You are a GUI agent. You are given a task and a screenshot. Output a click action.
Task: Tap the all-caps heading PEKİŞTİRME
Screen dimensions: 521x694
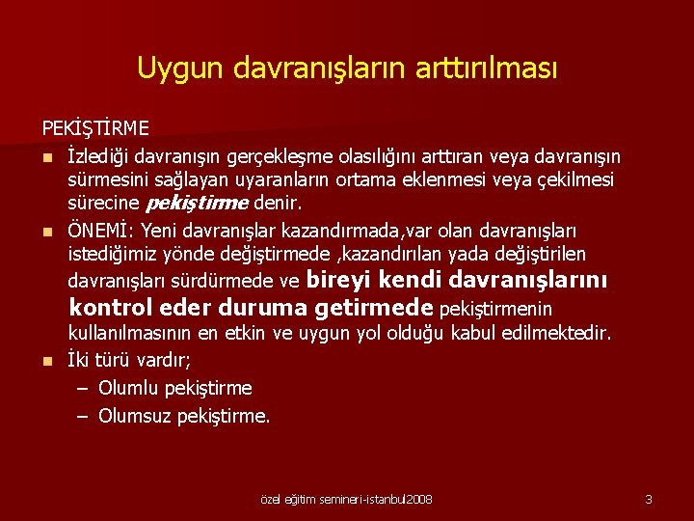click(94, 127)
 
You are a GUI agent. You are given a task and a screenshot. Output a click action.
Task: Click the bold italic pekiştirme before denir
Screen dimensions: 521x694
click(197, 204)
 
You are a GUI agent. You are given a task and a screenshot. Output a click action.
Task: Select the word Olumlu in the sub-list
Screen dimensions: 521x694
click(129, 389)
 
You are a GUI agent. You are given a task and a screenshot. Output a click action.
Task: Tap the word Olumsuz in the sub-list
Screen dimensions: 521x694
click(135, 416)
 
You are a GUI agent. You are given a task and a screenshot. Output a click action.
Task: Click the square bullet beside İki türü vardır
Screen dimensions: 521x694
click(46, 362)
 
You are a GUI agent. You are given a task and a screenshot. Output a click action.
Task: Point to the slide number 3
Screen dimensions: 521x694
click(649, 500)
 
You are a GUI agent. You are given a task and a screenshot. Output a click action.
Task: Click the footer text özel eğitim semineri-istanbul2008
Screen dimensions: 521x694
click(347, 500)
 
